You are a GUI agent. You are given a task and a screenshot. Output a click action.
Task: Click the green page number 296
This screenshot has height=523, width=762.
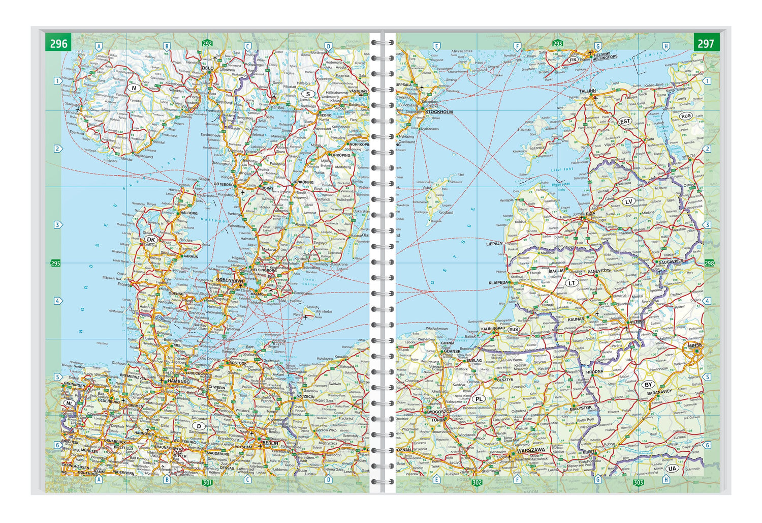click(58, 43)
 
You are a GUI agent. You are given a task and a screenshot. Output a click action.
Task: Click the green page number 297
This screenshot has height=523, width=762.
click(706, 43)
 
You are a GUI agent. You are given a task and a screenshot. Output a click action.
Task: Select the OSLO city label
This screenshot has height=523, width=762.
click(207, 68)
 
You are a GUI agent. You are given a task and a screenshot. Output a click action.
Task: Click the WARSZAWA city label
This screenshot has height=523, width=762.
click(530, 450)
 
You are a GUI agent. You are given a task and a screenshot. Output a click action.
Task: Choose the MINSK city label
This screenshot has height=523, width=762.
click(695, 346)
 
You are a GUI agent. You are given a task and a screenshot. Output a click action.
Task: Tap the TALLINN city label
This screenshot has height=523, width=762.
click(587, 91)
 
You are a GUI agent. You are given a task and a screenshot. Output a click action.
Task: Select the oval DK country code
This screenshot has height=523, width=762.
click(150, 239)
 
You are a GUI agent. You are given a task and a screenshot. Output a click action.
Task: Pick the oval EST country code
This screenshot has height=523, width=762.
click(625, 121)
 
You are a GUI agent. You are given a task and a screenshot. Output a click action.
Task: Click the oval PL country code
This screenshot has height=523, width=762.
click(479, 399)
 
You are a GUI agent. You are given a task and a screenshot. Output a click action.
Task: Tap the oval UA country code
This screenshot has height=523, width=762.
click(672, 469)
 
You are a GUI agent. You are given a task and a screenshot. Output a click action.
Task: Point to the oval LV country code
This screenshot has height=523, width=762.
click(628, 201)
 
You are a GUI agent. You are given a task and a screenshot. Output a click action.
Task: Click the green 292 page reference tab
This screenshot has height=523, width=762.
click(207, 43)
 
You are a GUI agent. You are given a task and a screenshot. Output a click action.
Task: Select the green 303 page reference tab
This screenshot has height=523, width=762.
click(639, 482)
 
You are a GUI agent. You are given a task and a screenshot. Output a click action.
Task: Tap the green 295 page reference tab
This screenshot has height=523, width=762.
click(55, 263)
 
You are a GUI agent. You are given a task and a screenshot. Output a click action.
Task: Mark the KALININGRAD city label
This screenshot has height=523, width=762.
click(493, 329)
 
